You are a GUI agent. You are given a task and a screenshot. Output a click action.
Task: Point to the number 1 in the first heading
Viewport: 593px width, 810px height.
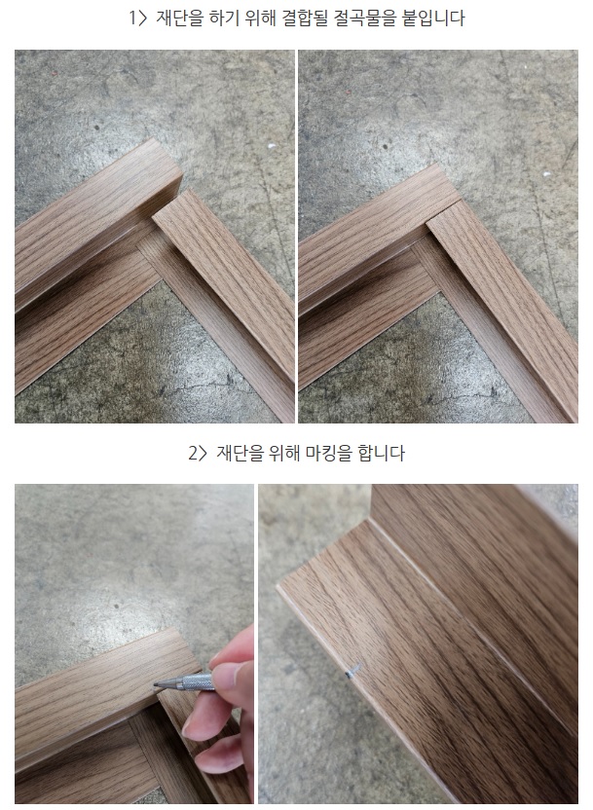tap(132, 18)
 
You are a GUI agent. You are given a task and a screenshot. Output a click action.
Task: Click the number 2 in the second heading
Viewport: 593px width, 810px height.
tap(193, 454)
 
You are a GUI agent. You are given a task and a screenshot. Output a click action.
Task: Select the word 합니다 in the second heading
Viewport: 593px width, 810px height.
tap(382, 453)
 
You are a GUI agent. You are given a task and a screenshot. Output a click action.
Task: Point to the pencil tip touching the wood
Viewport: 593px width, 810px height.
tap(155, 685)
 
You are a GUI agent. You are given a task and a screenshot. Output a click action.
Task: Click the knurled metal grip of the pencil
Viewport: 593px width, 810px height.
tap(198, 681)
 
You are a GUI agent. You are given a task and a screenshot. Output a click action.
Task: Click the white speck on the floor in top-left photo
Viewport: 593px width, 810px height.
tap(271, 146)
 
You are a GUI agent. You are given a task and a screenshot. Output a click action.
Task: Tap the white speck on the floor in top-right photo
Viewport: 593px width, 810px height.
tap(546, 174)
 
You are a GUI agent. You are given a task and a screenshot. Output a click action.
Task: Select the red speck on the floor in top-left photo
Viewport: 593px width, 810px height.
tap(53, 74)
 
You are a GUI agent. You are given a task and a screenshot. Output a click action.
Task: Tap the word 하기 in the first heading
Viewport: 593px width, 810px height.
tap(226, 18)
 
